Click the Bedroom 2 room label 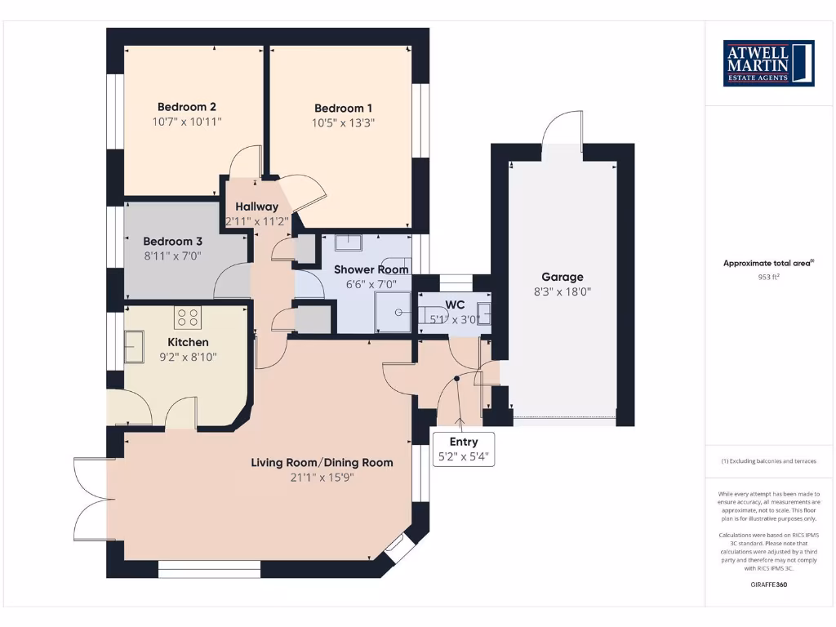(186, 106)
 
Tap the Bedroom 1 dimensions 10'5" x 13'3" (344, 123)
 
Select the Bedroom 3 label (172, 241)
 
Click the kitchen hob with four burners (188, 316)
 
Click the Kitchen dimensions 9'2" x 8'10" (188, 357)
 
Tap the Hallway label (256, 207)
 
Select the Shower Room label (371, 269)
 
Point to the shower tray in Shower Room (393, 313)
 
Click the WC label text (455, 305)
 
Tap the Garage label (563, 277)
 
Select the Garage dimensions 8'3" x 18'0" (563, 291)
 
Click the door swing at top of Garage (562, 131)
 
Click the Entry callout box (463, 449)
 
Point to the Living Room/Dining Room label (322, 462)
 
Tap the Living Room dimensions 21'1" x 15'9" (322, 477)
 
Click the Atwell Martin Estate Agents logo (770, 63)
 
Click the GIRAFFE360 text (769, 585)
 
